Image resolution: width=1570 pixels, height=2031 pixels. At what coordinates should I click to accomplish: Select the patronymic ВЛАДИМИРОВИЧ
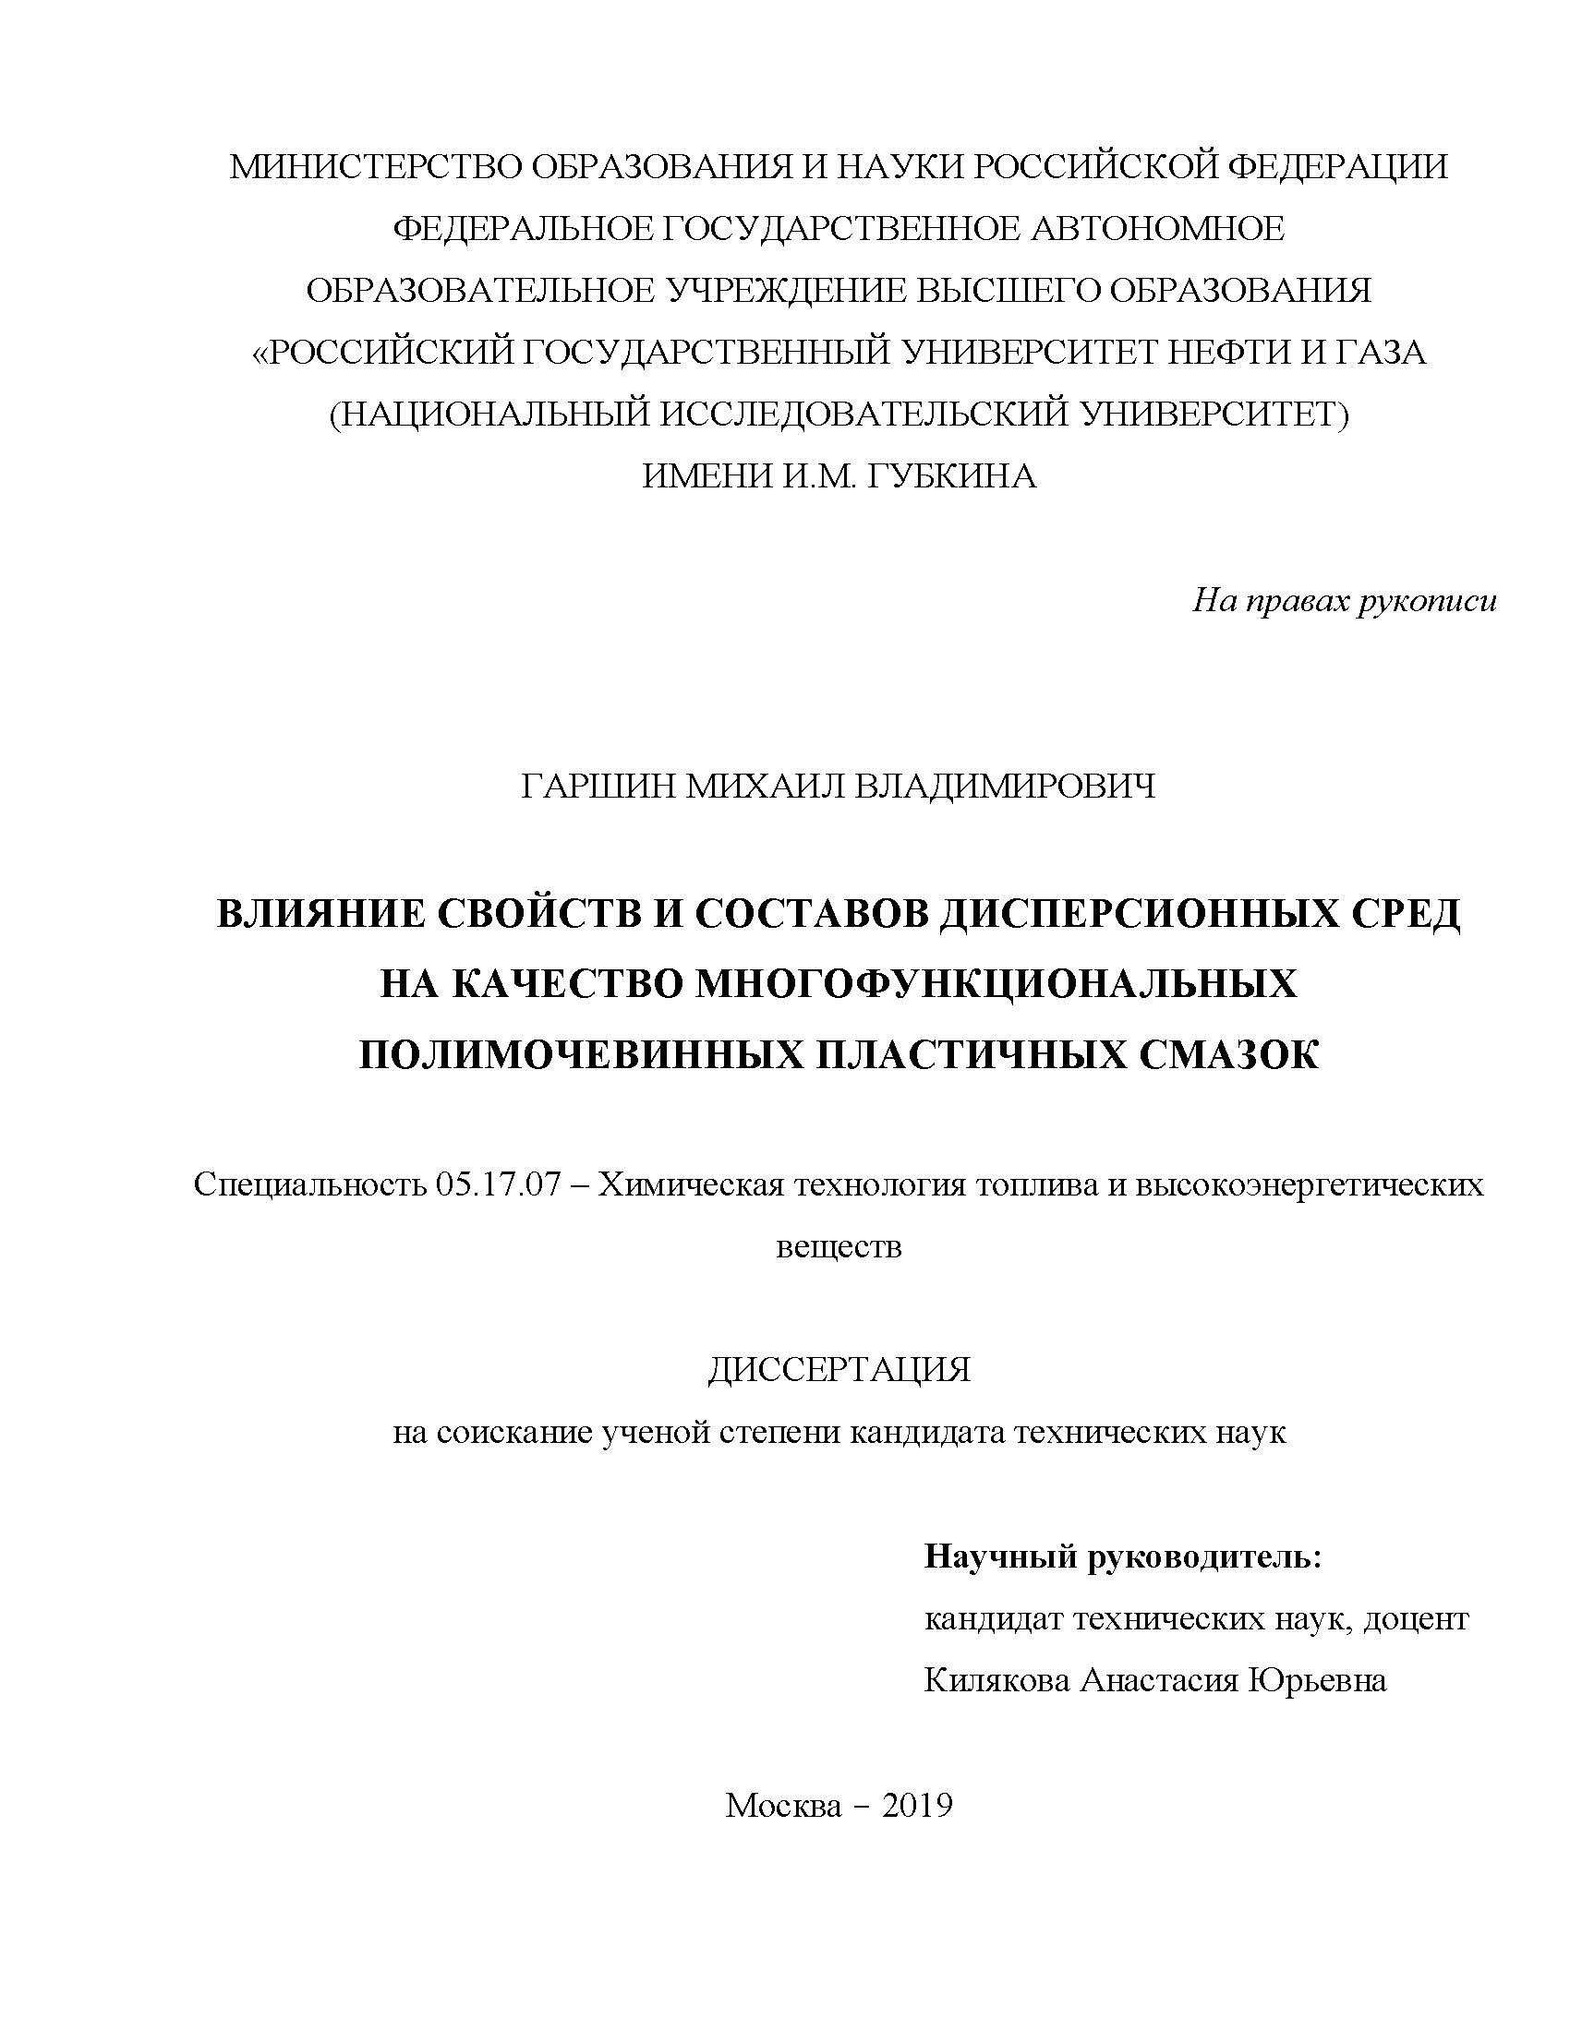click(x=1006, y=787)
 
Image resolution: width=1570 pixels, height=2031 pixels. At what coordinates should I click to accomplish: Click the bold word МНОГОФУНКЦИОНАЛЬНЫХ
click(x=996, y=984)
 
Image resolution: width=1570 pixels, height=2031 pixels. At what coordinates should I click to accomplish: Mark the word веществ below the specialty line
click(x=838, y=1246)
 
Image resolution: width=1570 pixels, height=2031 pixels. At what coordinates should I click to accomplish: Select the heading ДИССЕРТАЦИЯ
click(x=838, y=1370)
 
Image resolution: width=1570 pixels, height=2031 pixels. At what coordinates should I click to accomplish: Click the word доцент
click(x=1415, y=1619)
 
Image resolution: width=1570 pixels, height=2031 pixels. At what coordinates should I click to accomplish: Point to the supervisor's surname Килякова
click(x=996, y=1680)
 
